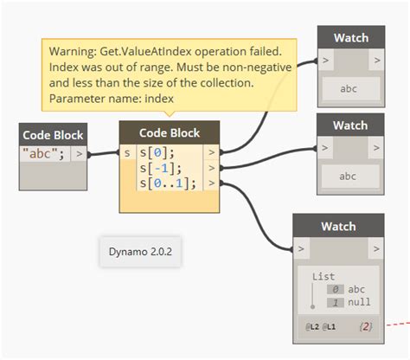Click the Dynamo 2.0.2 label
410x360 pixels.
tap(139, 253)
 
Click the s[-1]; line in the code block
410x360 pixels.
tap(159, 168)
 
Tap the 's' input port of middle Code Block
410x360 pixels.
tap(127, 153)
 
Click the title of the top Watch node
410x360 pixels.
tap(350, 38)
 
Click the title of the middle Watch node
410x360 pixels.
tap(350, 125)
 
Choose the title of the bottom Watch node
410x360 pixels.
tap(338, 227)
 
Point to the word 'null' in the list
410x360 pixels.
tap(359, 303)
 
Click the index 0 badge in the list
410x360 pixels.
tap(334, 290)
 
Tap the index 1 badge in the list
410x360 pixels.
tap(334, 303)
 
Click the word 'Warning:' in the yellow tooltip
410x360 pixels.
tap(73, 53)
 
